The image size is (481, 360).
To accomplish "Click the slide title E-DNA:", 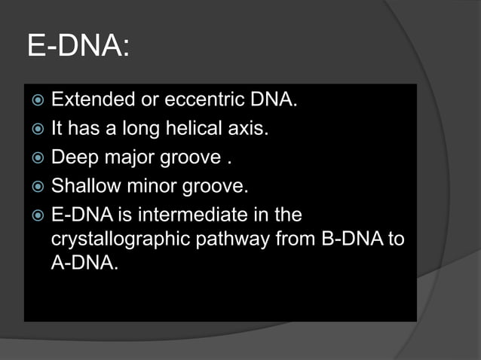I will click(78, 46).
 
